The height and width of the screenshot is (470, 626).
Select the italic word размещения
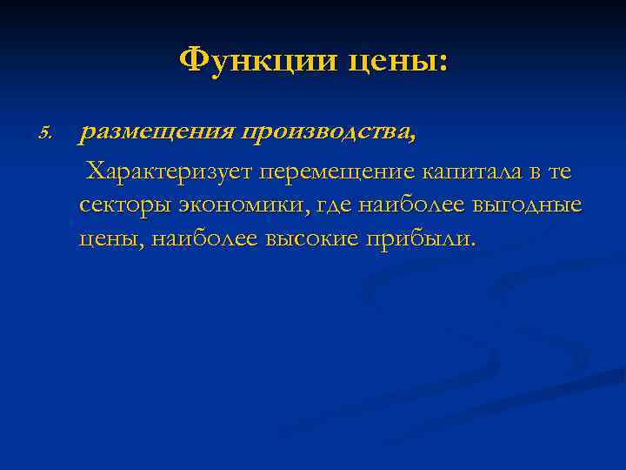click(156, 133)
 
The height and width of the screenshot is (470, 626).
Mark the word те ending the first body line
click(560, 172)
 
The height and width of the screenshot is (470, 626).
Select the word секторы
click(123, 205)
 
